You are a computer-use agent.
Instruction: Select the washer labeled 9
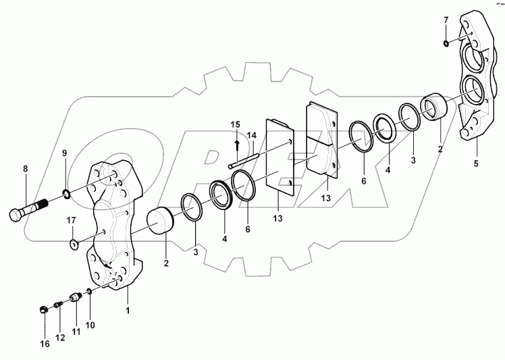pyautogui.click(x=68, y=195)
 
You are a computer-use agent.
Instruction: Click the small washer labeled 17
pyautogui.click(x=74, y=241)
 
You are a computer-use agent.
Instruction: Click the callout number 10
pyautogui.click(x=90, y=325)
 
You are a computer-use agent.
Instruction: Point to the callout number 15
pyautogui.click(x=235, y=125)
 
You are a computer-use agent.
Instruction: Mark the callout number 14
pyautogui.click(x=251, y=135)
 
